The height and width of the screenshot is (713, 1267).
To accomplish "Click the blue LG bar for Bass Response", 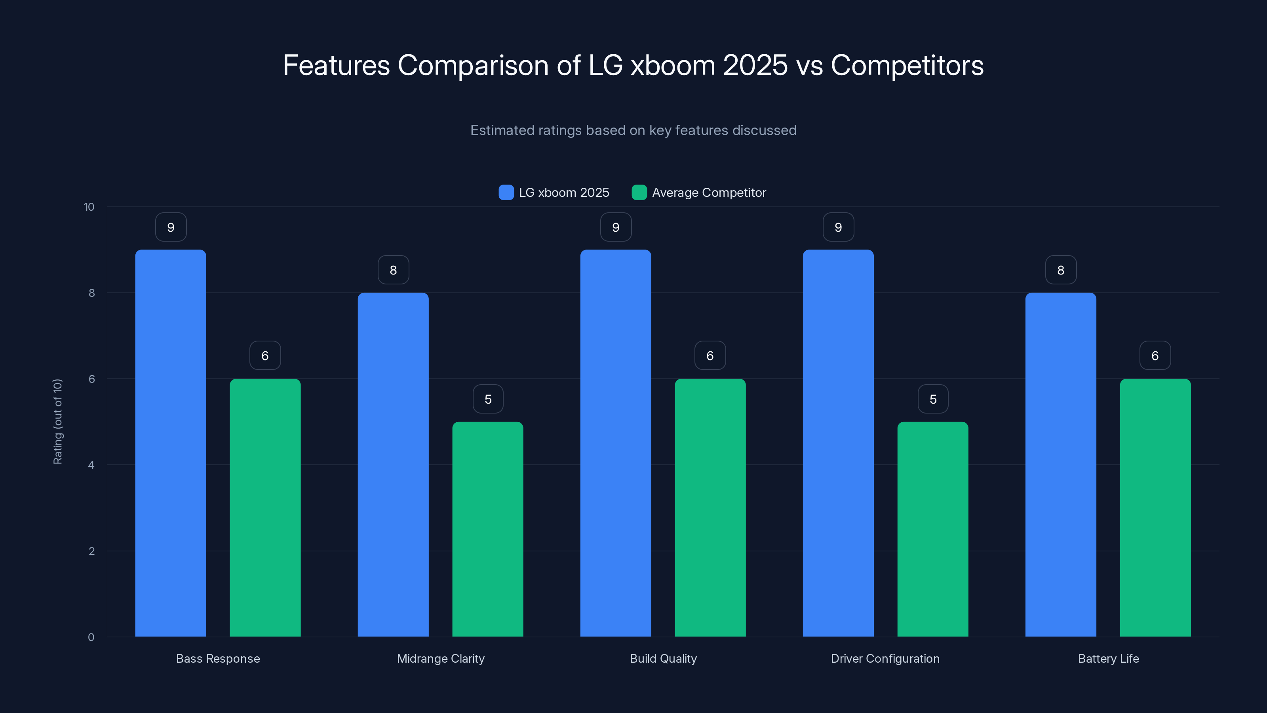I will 171,443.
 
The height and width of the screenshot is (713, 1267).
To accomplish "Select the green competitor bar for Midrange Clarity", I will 487,529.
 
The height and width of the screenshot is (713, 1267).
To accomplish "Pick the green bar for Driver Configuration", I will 932,529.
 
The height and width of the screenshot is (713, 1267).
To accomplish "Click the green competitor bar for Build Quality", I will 710,507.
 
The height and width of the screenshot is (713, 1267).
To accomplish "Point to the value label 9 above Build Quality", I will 616,227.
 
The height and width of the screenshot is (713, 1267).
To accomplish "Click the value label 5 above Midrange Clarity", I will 488,399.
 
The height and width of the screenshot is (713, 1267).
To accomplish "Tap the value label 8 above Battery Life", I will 1060,270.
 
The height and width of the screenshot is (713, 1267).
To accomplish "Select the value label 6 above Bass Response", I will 265,356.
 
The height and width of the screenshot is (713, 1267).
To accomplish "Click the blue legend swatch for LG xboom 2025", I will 506,193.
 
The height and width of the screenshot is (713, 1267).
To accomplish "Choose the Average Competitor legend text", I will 709,193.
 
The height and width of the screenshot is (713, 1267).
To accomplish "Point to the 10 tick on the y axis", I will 89,207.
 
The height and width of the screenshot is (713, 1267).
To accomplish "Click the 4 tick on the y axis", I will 91,465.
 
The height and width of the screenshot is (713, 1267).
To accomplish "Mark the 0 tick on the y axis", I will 91,637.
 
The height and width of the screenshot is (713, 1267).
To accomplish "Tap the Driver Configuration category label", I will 885,658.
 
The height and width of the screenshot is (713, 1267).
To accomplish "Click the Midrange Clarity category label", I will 441,658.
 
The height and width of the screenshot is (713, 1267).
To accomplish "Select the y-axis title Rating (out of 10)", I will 57,422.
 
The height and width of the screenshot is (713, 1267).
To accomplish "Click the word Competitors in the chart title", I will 907,65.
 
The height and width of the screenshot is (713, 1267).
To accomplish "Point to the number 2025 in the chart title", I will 755,65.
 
